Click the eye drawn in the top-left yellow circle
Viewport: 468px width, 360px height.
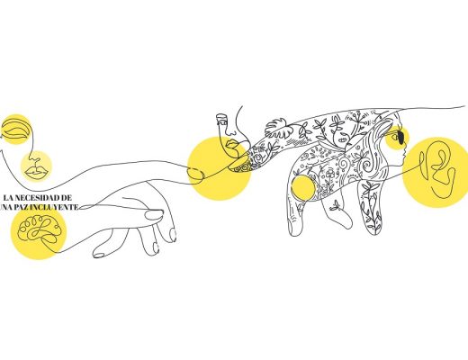(15, 130)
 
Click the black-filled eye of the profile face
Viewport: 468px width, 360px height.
(401, 137)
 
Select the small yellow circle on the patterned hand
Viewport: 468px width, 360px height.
(303, 188)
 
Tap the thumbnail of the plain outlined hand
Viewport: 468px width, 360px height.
(154, 214)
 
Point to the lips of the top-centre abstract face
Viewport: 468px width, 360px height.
(233, 145)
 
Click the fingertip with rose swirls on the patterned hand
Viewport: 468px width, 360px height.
(240, 167)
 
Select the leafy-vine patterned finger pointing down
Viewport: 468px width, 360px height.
(371, 208)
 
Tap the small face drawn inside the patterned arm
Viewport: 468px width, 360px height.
(342, 138)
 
